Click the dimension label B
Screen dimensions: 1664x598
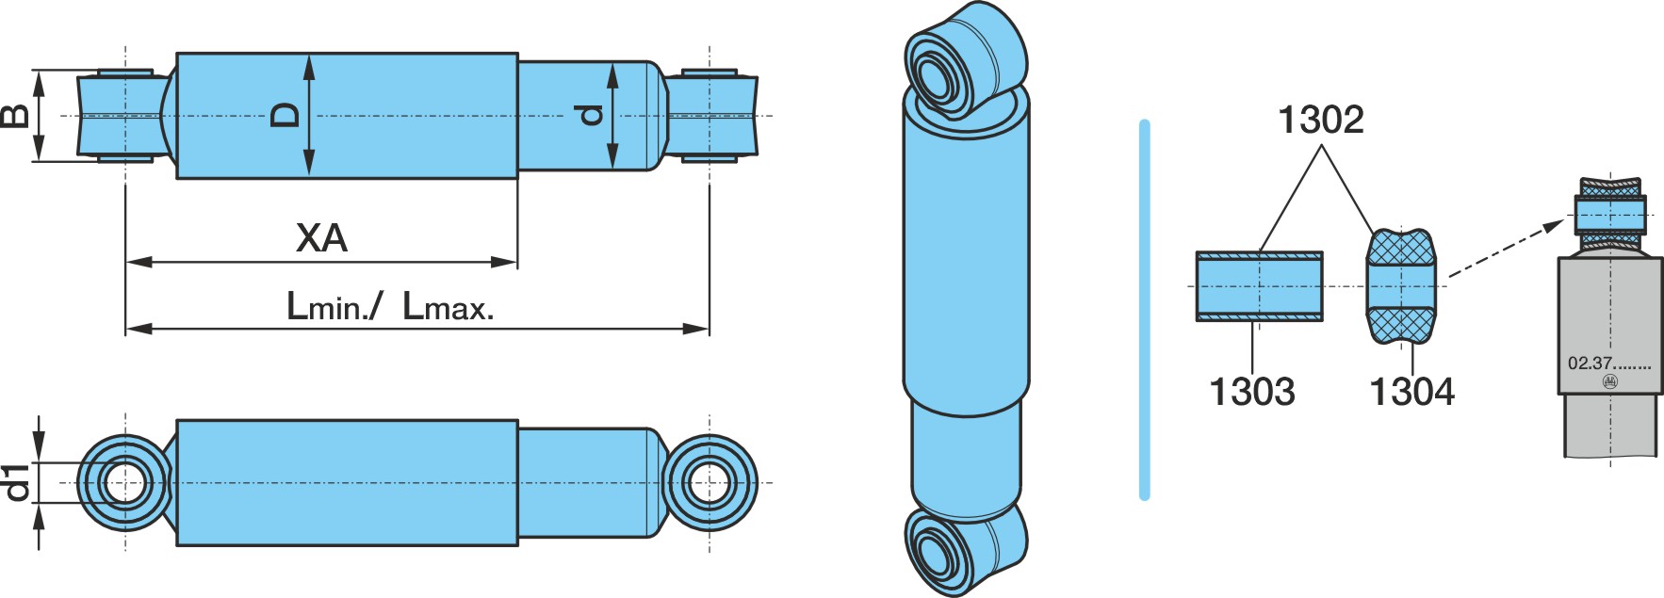coord(15,116)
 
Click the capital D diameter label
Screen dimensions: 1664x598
coord(285,115)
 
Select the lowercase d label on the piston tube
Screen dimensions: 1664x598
coord(590,115)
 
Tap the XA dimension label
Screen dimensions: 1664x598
coord(322,238)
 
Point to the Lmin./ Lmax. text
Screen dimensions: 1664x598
coord(390,306)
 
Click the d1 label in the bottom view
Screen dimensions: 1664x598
coord(16,482)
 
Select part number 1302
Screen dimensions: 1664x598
coord(1320,120)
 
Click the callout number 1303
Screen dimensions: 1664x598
coord(1251,391)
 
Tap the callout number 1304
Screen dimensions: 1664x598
coord(1411,391)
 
